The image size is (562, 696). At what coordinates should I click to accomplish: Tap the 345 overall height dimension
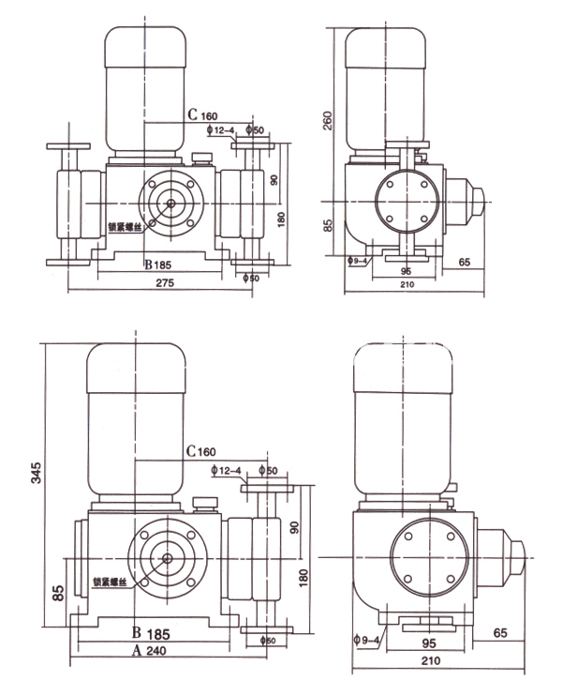[x=36, y=472]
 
